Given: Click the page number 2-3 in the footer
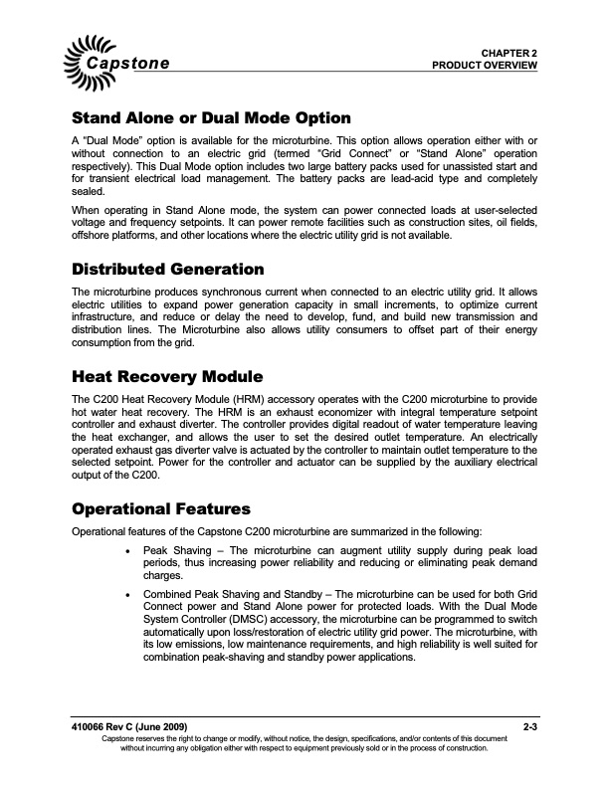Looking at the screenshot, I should point(529,731).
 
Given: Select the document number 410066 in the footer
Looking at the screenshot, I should point(90,731).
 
